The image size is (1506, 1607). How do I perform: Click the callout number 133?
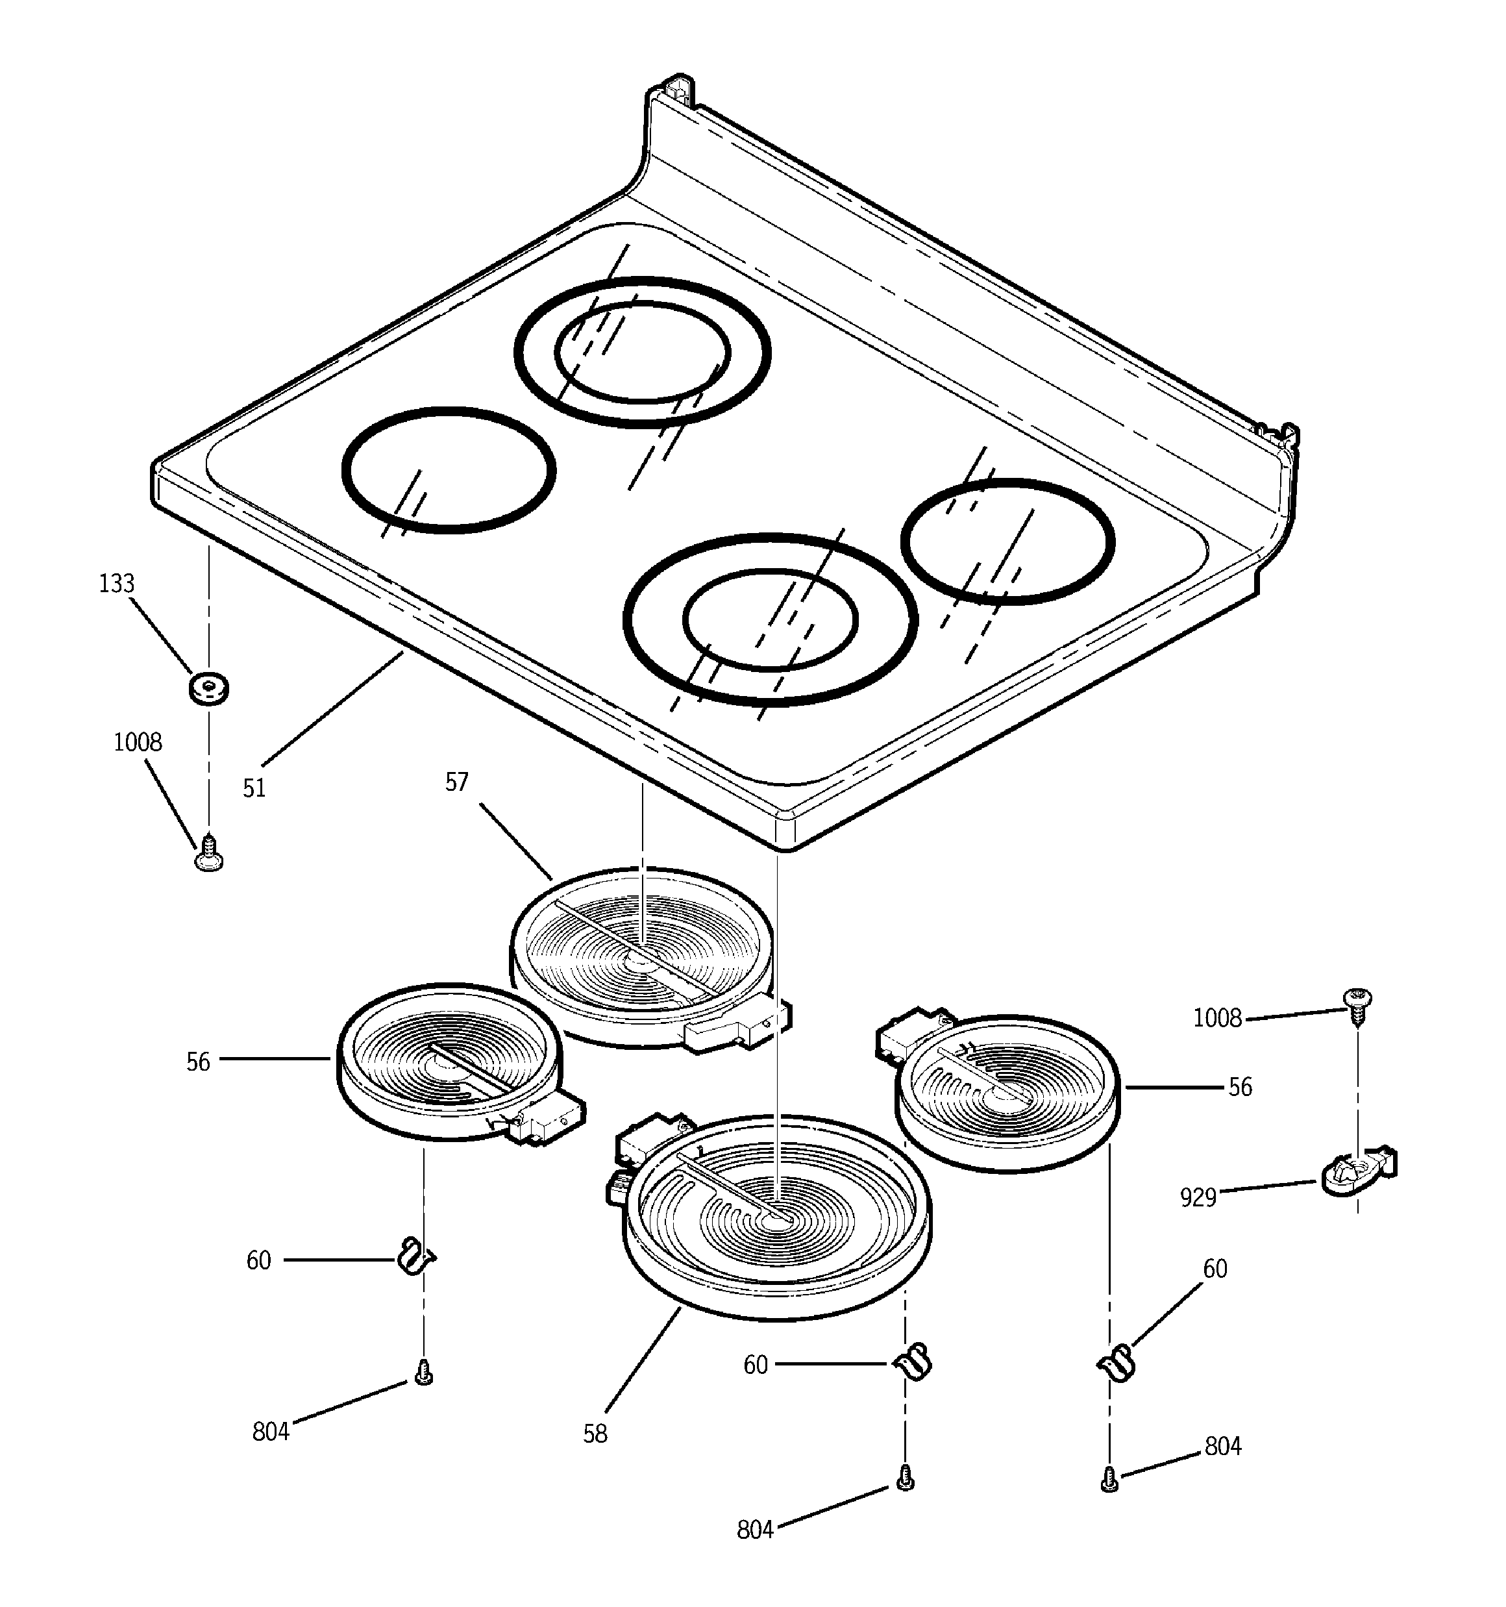pos(116,584)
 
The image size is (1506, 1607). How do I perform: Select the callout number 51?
pos(254,788)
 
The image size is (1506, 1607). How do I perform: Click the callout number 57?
pos(457,782)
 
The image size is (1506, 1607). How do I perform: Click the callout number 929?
pos(1198,1197)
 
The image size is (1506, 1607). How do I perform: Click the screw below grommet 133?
pos(208,854)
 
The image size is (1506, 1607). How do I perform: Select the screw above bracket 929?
pos(1358,1003)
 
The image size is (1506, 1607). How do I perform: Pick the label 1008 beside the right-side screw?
pos(1217,1019)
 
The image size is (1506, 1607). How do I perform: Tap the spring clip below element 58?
pos(913,1363)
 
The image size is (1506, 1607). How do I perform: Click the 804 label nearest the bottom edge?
pos(755,1529)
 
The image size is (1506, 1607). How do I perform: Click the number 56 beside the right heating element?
pos(1240,1087)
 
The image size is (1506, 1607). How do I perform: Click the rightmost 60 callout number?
pos(1215,1269)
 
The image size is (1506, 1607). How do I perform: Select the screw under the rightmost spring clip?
pos(1110,1479)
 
